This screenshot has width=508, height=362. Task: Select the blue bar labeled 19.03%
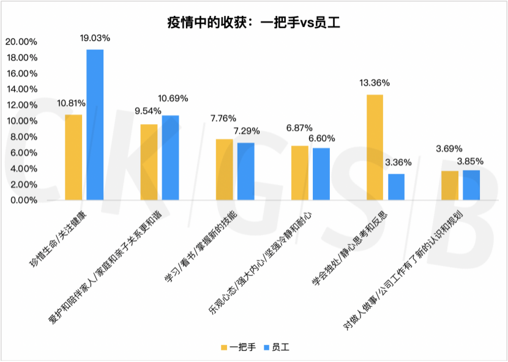[x=95, y=125]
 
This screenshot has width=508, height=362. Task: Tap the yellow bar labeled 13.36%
[x=375, y=147]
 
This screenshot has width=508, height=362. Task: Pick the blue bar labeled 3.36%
[x=396, y=187]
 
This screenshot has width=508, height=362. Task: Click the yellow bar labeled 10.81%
[x=73, y=157]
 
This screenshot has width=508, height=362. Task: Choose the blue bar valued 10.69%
[x=170, y=158]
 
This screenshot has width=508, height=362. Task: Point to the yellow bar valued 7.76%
[x=225, y=169]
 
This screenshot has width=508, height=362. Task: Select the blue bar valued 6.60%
[x=321, y=174]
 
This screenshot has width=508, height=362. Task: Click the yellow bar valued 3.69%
[x=450, y=185]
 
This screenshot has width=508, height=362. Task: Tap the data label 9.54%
[x=148, y=111]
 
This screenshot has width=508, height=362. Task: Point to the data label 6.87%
[x=299, y=128]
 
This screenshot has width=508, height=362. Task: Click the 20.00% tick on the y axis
[x=21, y=42]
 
